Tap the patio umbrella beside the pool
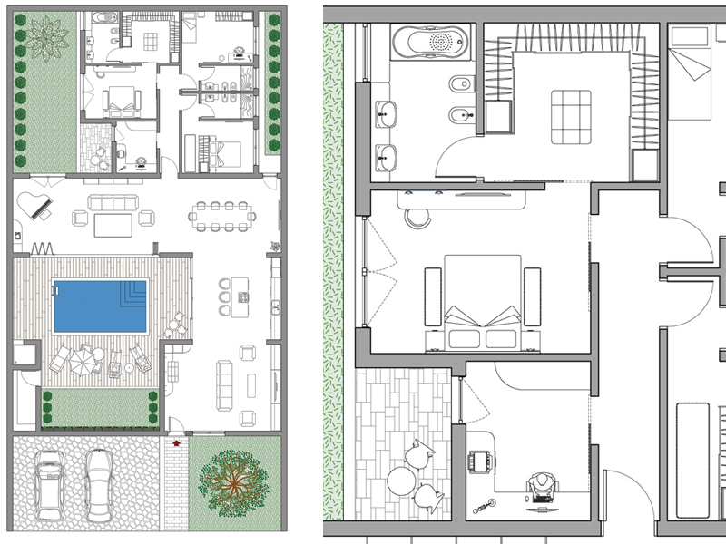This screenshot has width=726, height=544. tap(83, 359)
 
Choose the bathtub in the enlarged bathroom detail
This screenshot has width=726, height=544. tap(430, 42)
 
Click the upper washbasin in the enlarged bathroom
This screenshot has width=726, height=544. tap(388, 114)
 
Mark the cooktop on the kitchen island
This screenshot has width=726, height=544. tap(242, 297)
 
